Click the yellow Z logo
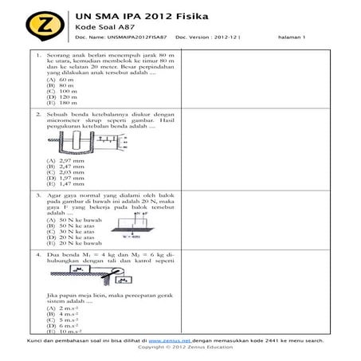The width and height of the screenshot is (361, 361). point(33,24)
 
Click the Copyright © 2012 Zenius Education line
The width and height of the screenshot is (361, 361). point(180,347)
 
